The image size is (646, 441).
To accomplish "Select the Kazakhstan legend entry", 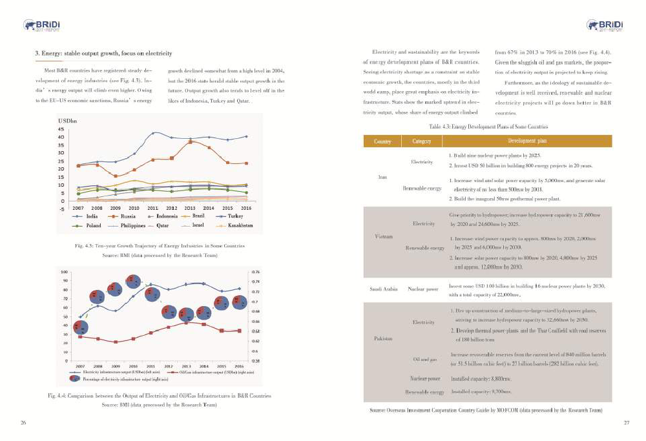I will pos(235,225).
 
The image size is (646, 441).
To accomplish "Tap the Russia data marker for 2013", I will pos(190,141).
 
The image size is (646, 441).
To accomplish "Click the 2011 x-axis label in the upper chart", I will pos(153,209).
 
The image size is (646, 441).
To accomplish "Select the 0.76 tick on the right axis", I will pos(256,272).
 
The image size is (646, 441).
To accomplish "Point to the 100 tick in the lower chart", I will pos(65,272).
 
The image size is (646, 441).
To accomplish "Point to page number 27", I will pos(625,423).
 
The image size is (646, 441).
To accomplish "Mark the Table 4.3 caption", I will pos(488,127).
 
